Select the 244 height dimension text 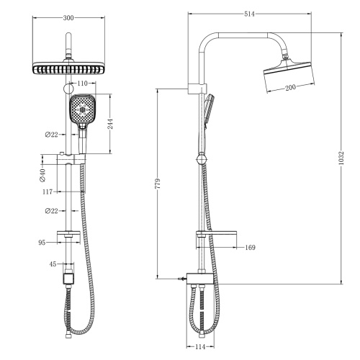tap(110, 124)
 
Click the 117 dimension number tap(48, 192)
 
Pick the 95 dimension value tap(42, 243)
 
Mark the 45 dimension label tap(53, 264)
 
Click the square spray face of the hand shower tap(81, 112)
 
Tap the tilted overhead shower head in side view tap(288, 68)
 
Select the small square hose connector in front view tap(68, 276)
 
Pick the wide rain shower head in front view tap(68, 69)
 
